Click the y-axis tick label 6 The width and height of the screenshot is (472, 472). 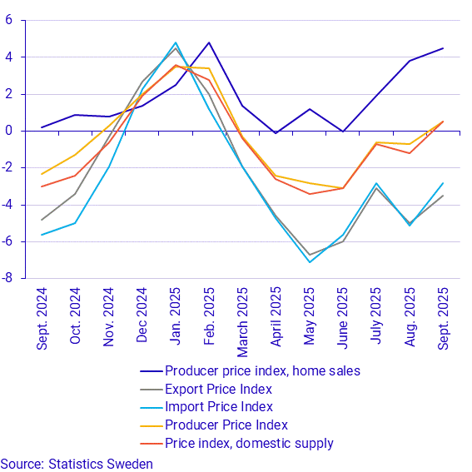7,20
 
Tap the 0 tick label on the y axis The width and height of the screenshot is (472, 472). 7,131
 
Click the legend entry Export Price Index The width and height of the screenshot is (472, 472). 218,389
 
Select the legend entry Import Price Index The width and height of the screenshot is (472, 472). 218,406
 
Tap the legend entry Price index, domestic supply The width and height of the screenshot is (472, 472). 249,443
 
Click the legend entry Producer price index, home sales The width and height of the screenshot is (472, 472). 262,370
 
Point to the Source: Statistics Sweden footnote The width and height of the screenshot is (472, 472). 77,463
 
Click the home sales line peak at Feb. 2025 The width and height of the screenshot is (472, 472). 209,42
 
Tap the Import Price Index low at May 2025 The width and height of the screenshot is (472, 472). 309,262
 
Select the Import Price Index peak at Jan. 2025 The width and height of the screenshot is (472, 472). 176,42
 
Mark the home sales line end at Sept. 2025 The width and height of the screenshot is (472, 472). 443,48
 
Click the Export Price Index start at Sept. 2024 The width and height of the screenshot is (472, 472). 42,220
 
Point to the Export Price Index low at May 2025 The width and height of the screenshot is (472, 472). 309,255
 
